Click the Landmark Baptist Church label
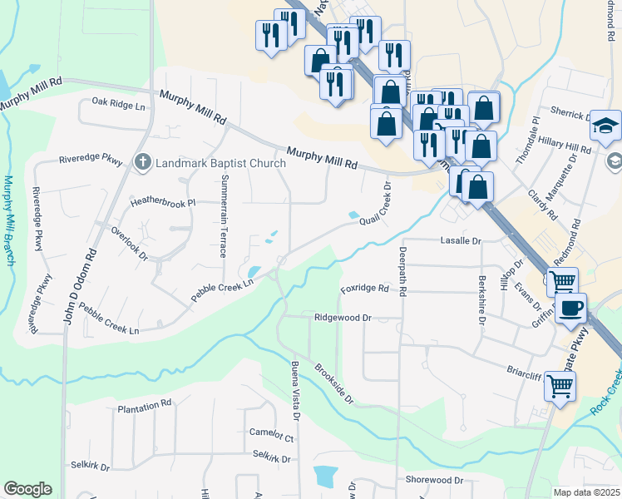tap(220, 163)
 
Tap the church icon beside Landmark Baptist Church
tap(143, 162)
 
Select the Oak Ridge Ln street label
tap(118, 105)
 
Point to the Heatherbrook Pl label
tap(162, 203)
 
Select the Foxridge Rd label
tap(364, 289)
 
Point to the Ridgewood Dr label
tap(342, 318)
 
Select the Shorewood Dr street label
tap(434, 481)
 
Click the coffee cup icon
tap(570, 309)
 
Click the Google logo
tap(27, 489)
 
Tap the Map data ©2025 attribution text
tap(586, 492)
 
